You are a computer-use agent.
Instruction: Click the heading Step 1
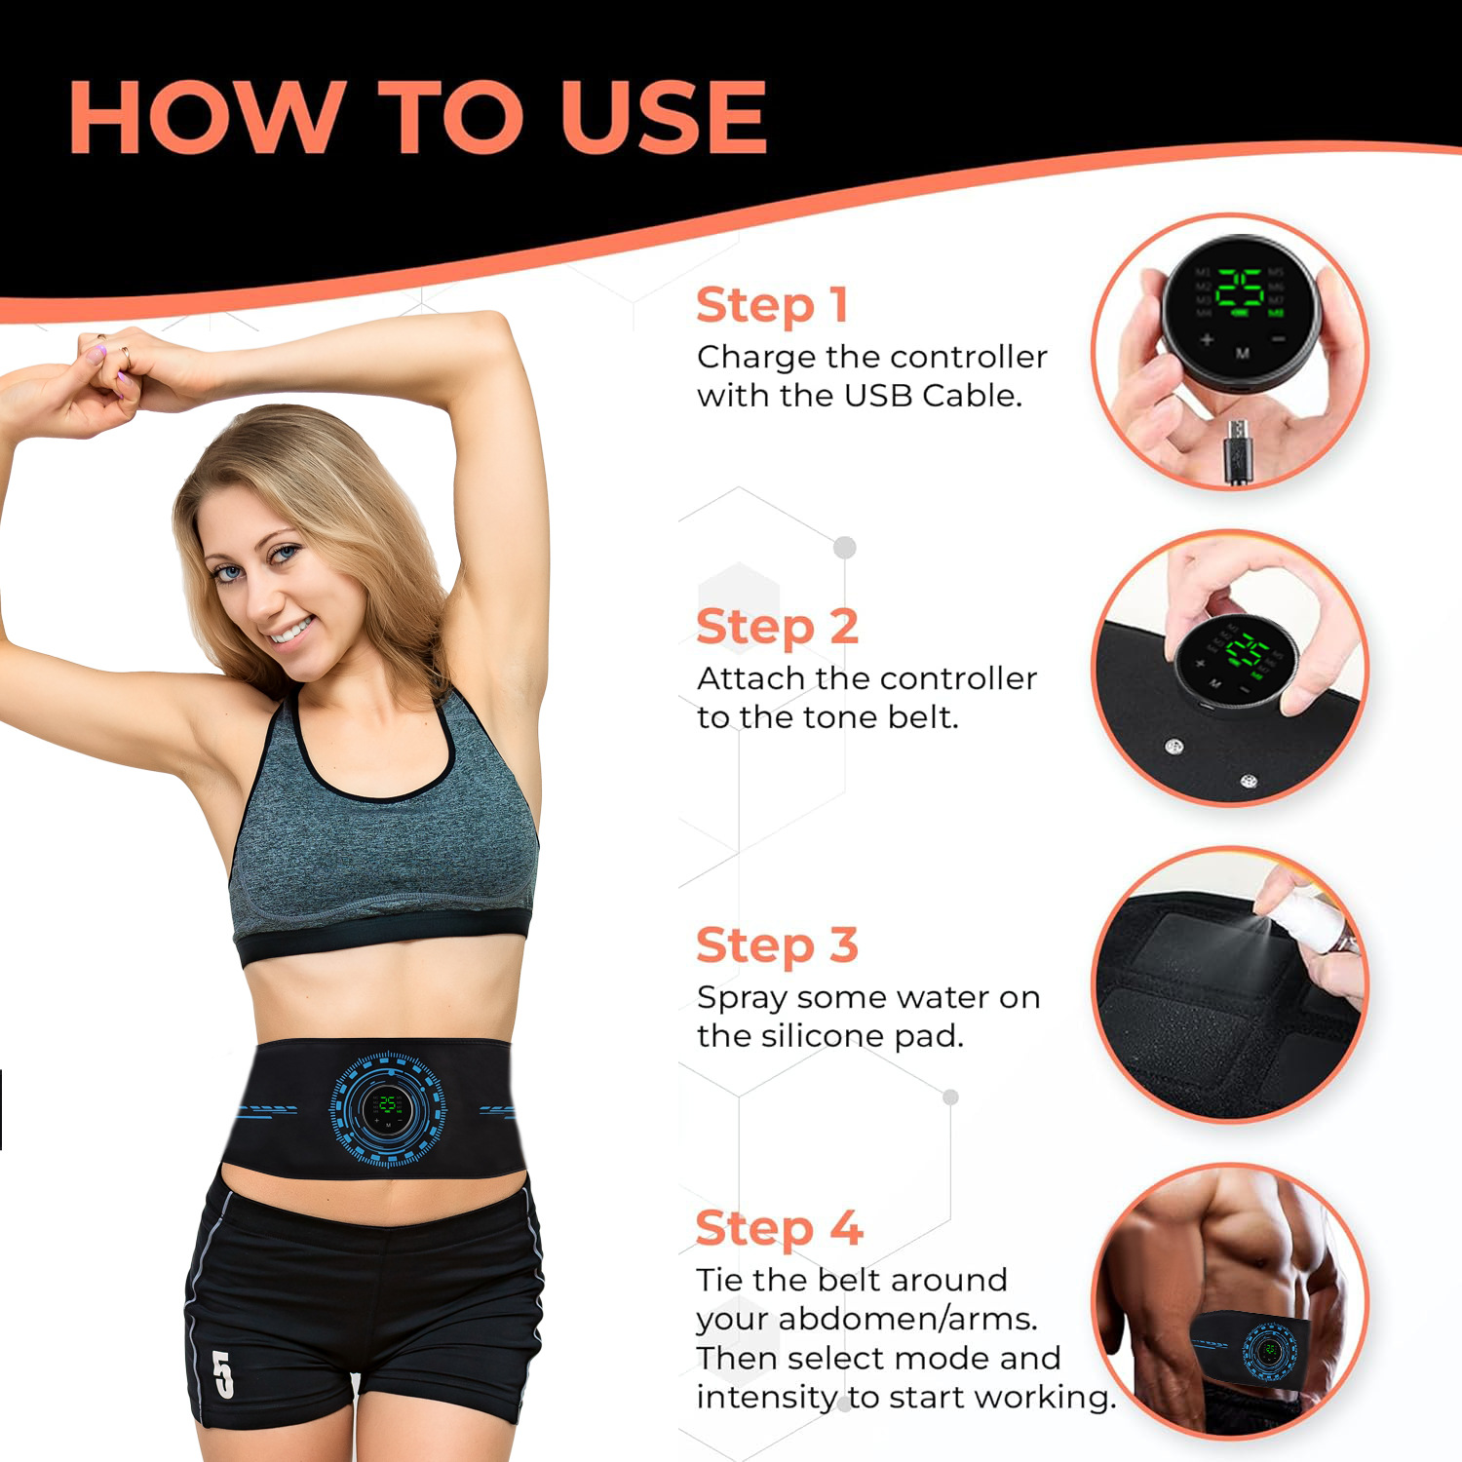pos(772,305)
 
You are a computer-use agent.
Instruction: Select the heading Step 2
pos(777,626)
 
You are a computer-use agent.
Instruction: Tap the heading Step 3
pos(777,945)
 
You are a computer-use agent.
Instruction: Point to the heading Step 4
pos(779,1228)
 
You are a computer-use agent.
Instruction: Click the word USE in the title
pos(664,117)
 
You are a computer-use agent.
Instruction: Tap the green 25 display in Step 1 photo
pos(1240,289)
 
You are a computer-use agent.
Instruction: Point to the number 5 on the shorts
pos(223,1374)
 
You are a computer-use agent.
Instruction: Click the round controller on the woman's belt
pos(388,1108)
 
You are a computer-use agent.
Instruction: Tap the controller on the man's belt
pos(1269,1351)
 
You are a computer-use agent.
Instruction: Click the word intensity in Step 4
pos(766,1397)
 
